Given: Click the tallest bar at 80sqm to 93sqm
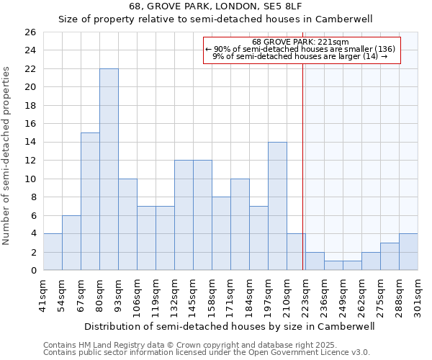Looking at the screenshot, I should click(x=109, y=169).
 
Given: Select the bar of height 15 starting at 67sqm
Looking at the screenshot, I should click(x=90, y=202).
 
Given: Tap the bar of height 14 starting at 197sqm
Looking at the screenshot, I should click(x=277, y=206).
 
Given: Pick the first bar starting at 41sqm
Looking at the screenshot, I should click(x=53, y=252).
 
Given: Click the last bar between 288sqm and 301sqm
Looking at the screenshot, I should click(x=408, y=252).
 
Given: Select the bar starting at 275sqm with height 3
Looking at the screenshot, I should click(x=390, y=256).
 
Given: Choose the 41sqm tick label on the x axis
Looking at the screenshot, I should click(x=44, y=294).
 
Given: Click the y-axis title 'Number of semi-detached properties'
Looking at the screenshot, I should click(x=7, y=156).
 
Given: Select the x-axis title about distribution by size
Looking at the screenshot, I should click(x=229, y=325).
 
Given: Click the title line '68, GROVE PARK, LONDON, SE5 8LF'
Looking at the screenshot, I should click(x=229, y=6).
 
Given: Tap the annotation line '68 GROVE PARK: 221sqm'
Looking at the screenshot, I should click(x=300, y=42).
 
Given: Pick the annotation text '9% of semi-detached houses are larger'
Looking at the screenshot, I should click(x=300, y=56).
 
